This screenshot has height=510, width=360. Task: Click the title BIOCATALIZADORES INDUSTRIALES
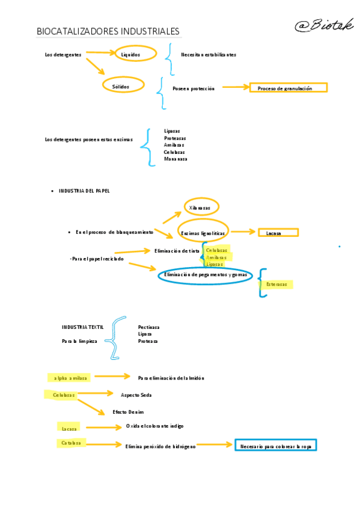(x=108, y=31)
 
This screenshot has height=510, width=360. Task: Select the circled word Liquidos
(x=131, y=54)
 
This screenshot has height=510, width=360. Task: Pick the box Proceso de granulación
(x=285, y=88)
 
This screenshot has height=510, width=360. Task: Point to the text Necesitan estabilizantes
(x=209, y=55)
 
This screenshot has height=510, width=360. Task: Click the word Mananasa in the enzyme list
(x=175, y=159)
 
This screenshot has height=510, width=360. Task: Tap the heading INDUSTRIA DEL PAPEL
(x=84, y=191)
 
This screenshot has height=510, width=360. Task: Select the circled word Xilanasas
(x=200, y=207)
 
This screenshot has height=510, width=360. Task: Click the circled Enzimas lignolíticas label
(x=203, y=233)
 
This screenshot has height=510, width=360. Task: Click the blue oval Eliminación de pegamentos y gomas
(x=206, y=275)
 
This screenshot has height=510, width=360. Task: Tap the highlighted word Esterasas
(x=276, y=284)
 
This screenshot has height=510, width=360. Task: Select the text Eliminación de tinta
(x=177, y=251)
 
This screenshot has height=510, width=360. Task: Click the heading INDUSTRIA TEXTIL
(x=82, y=327)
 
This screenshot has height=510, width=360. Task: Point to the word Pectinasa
(x=148, y=327)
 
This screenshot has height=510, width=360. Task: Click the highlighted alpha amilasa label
(x=70, y=378)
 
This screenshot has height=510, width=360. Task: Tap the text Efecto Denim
(x=128, y=412)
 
